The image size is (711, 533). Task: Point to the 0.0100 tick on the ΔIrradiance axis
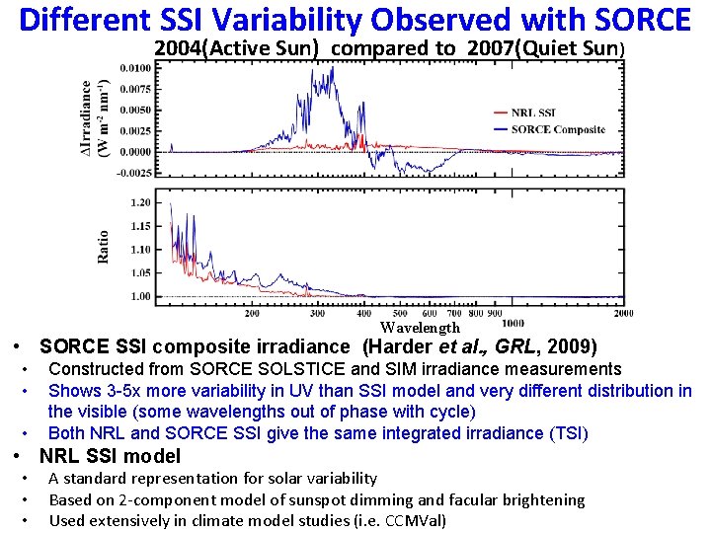(136, 68)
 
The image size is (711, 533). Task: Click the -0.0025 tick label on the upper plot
(134, 173)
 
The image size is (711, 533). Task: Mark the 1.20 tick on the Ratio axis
(140, 202)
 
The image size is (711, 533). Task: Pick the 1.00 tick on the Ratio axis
(140, 296)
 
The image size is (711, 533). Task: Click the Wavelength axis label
(420, 327)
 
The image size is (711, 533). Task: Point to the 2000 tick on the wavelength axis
(623, 313)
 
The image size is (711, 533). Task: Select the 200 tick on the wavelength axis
(252, 313)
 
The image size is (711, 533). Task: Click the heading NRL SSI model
(110, 456)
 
